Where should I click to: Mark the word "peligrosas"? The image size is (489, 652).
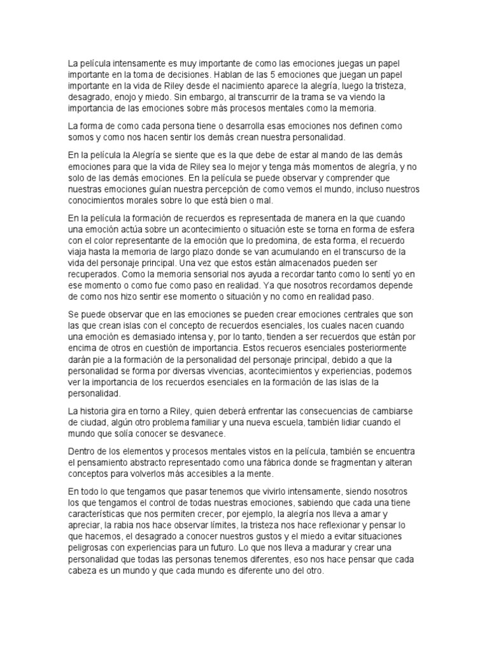pyautogui.click(x=93, y=548)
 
